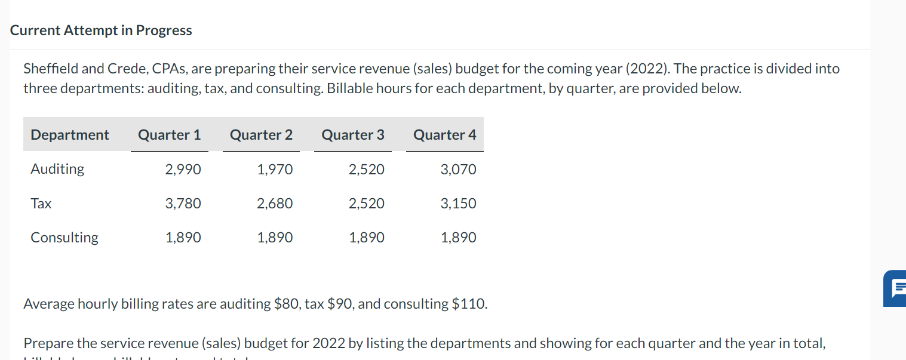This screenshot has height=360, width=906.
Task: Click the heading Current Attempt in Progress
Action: (101, 30)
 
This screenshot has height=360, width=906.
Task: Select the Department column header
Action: (70, 135)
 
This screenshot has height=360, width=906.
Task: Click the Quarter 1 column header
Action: (170, 135)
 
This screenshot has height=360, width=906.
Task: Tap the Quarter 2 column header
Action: (262, 135)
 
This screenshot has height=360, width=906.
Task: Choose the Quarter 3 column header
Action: (353, 135)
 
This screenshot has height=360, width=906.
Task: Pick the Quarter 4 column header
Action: (445, 135)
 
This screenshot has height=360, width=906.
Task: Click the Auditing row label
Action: (57, 169)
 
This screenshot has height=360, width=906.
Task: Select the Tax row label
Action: (41, 204)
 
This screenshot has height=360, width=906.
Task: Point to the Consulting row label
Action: (65, 238)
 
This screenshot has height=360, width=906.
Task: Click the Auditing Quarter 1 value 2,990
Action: (183, 170)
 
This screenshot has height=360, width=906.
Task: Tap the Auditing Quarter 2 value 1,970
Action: (275, 170)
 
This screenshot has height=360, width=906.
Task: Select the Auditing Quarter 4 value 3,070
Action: (458, 170)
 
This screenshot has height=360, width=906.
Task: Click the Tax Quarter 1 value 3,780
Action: (183, 204)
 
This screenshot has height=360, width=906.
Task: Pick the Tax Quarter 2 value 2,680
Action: (275, 204)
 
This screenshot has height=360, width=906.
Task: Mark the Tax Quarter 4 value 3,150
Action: (458, 204)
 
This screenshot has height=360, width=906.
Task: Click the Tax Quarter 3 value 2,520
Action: (367, 204)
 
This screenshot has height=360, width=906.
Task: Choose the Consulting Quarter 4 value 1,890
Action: (458, 238)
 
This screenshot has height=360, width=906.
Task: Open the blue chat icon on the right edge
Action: (896, 288)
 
